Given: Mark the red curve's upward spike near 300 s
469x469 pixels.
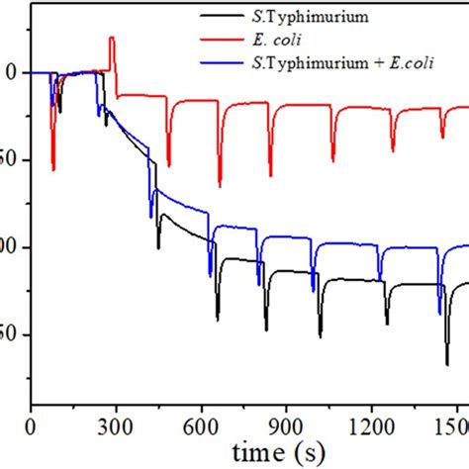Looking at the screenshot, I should point(111,39).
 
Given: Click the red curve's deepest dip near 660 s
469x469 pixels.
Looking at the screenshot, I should point(220,184).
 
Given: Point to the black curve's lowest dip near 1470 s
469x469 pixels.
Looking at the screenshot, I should point(446,364).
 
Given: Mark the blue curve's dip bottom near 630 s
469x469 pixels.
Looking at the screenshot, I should point(210,274).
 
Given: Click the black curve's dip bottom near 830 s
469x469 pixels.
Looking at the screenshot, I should point(266,328).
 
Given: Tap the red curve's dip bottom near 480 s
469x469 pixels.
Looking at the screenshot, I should point(168,164).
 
